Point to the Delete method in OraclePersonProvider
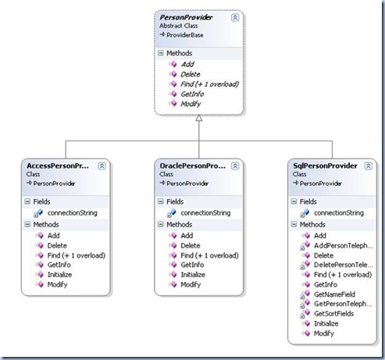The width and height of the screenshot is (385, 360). (x=191, y=245)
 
